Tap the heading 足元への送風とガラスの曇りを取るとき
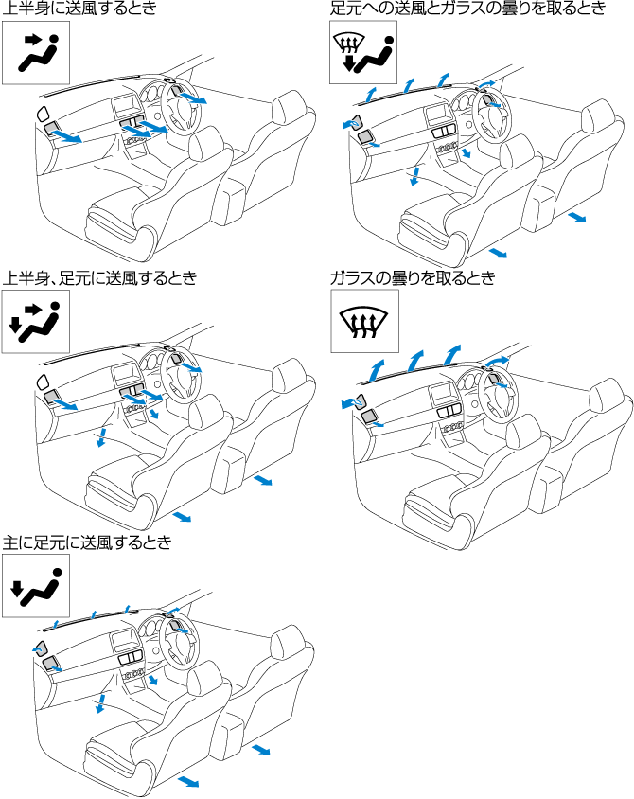(x=467, y=9)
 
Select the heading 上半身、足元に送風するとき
(x=99, y=278)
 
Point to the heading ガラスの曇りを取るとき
(x=413, y=278)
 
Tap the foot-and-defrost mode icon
(x=362, y=54)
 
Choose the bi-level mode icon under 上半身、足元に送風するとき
(x=36, y=322)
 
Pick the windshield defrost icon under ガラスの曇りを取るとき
(x=364, y=322)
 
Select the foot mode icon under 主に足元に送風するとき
(x=36, y=587)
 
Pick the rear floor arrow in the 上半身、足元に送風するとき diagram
(x=262, y=482)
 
